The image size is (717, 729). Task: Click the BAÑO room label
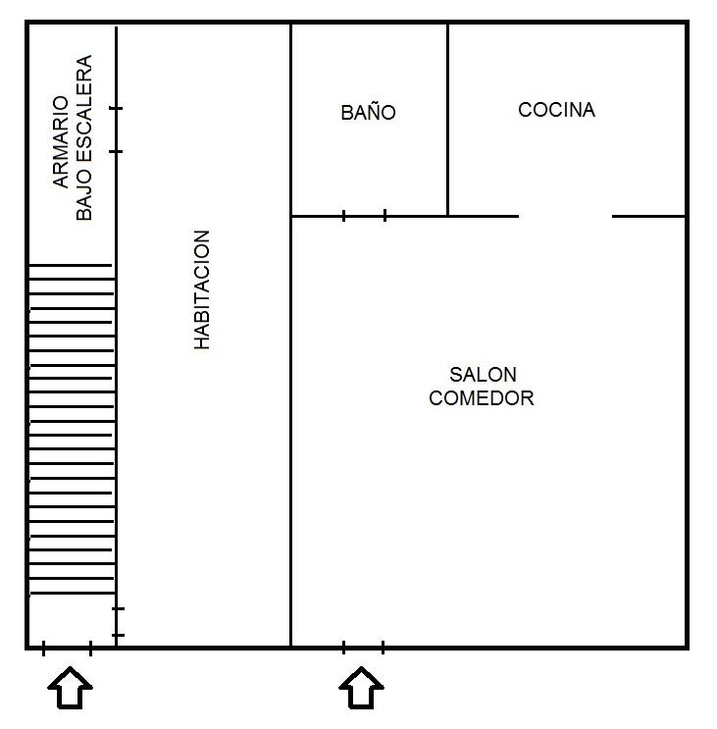(x=369, y=113)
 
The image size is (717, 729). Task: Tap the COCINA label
(x=556, y=110)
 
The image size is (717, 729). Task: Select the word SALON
(x=483, y=375)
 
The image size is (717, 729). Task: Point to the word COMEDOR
(x=482, y=398)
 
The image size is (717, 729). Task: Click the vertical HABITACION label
(x=202, y=290)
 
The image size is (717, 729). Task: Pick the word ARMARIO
(x=61, y=141)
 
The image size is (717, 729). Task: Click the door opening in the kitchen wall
(x=565, y=216)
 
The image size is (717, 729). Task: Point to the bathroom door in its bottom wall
(x=364, y=216)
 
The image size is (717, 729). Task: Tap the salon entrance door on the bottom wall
(x=363, y=647)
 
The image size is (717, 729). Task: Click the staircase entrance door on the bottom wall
(x=67, y=647)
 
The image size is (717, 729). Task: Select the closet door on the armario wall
(x=117, y=130)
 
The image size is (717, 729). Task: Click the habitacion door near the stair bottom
(x=117, y=622)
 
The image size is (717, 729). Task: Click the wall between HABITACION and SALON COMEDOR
(x=291, y=432)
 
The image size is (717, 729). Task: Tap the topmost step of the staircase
(x=71, y=265)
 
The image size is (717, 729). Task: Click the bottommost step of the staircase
(x=71, y=594)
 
